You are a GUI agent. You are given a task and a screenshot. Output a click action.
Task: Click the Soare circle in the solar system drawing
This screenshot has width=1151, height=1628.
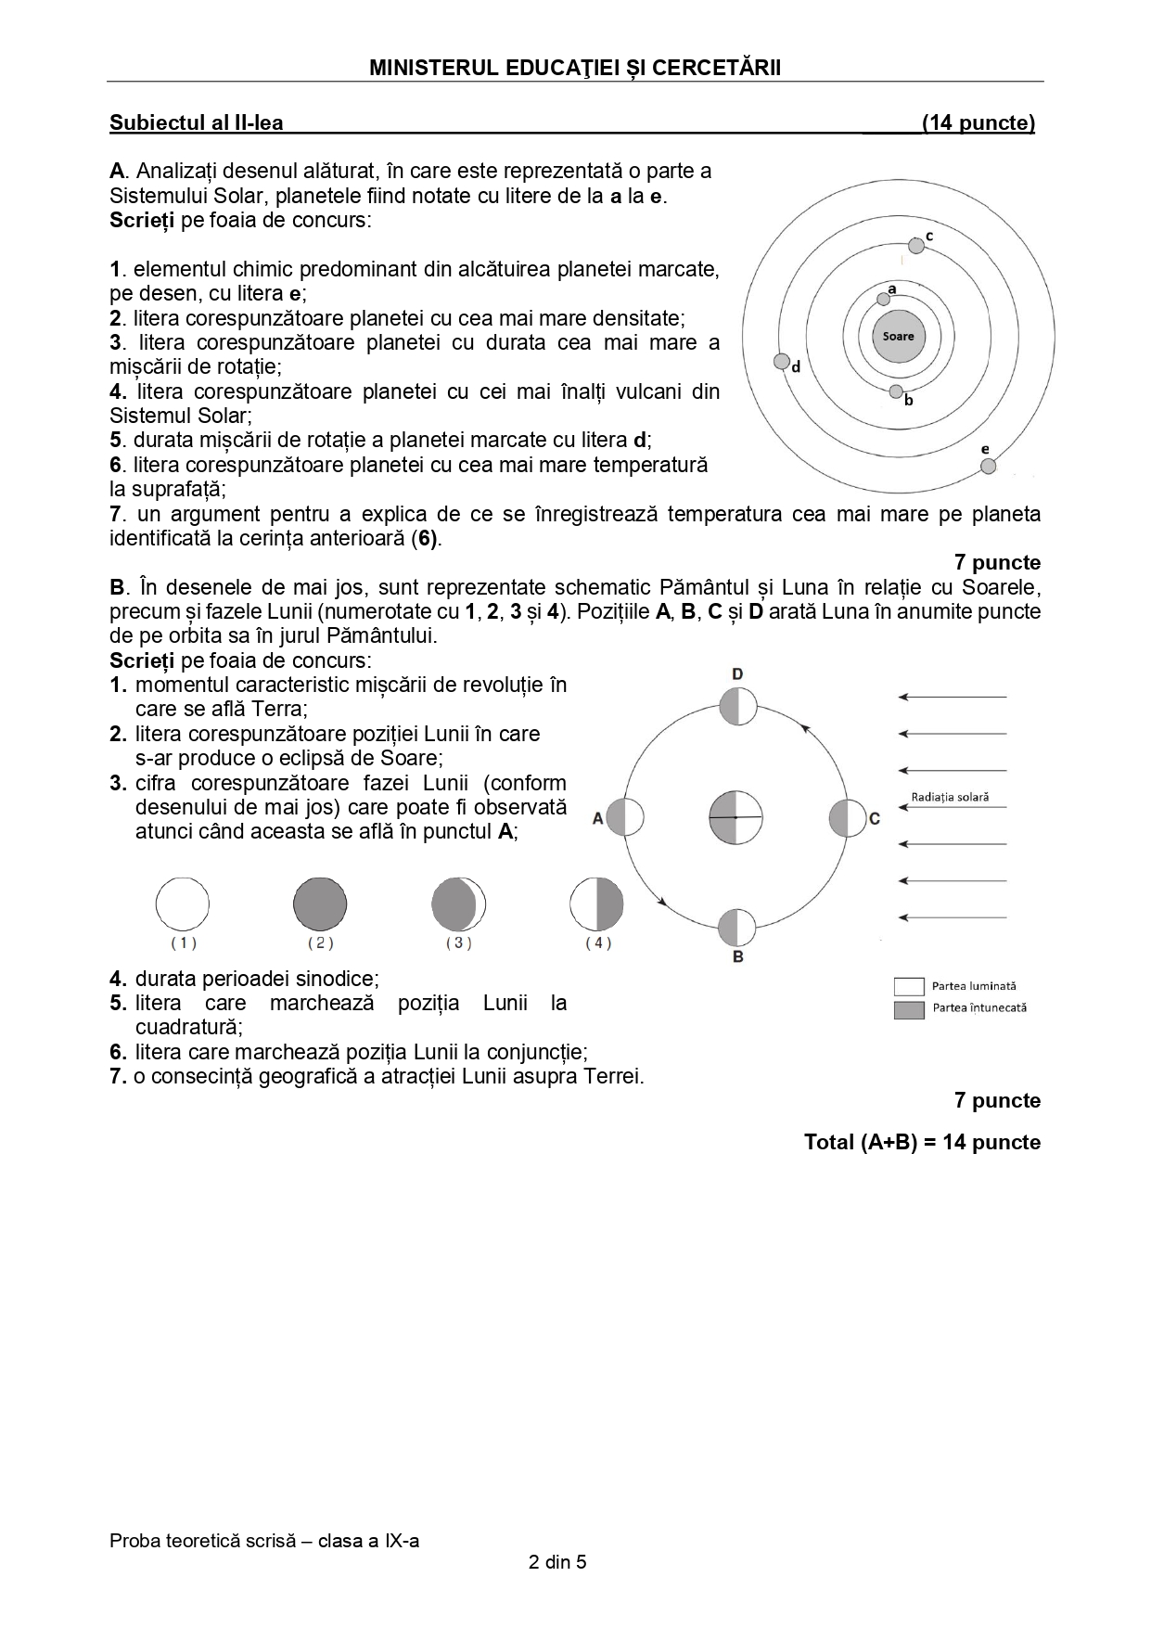pyautogui.click(x=898, y=336)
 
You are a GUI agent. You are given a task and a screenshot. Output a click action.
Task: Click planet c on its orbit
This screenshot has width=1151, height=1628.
pyautogui.click(x=916, y=245)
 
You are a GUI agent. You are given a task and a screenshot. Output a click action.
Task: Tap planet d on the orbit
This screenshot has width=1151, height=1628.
pyautogui.click(x=782, y=362)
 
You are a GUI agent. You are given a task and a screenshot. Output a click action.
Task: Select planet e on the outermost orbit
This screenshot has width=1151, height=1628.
pyautogui.click(x=988, y=466)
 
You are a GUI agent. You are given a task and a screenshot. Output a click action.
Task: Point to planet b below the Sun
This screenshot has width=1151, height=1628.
pyautogui.click(x=895, y=391)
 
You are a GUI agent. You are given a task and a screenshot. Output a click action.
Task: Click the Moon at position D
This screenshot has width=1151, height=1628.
pyautogui.click(x=738, y=706)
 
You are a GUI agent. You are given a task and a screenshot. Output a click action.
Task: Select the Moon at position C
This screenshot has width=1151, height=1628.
pyautogui.click(x=846, y=817)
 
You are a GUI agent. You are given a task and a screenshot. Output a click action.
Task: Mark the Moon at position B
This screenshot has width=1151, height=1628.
pyautogui.click(x=736, y=927)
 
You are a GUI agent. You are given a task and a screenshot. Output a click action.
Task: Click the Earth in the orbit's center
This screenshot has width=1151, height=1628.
pyautogui.click(x=735, y=817)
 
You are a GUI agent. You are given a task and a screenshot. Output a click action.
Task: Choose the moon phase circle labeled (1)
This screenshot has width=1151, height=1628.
pyautogui.click(x=183, y=904)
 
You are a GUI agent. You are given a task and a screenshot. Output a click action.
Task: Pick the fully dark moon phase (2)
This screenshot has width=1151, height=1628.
pyautogui.click(x=320, y=904)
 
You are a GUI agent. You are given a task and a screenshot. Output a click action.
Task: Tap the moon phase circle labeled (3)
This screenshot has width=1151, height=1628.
pyautogui.click(x=458, y=904)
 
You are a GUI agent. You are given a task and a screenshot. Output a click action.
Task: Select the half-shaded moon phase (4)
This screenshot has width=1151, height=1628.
pyautogui.click(x=596, y=904)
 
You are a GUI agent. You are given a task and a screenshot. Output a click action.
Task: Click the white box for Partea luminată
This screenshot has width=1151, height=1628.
pyautogui.click(x=909, y=986)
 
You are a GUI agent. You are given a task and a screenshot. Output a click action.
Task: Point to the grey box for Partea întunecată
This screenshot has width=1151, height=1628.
pyautogui.click(x=909, y=1009)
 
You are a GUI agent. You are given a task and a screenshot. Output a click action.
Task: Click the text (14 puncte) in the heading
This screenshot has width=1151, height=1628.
pyautogui.click(x=978, y=122)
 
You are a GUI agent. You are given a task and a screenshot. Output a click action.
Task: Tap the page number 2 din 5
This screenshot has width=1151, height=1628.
pyautogui.click(x=557, y=1561)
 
